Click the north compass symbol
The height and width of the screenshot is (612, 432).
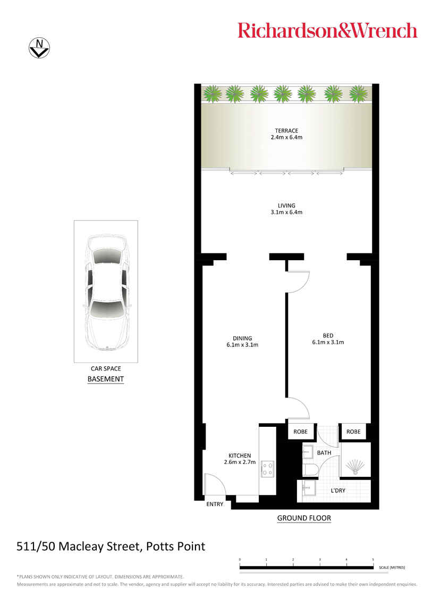(39, 48)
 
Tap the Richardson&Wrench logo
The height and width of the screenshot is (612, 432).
(327, 30)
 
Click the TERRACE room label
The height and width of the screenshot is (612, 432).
(286, 131)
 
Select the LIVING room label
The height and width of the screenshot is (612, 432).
(286, 206)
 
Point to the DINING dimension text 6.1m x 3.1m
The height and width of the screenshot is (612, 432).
(242, 345)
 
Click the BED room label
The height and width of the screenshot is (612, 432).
(328, 336)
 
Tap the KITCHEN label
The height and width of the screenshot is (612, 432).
(240, 456)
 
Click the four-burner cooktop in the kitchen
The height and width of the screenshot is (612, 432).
(268, 468)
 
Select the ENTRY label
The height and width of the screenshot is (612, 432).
(215, 505)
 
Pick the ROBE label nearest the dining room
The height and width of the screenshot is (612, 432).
(300, 432)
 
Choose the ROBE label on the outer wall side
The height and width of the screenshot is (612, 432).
(353, 432)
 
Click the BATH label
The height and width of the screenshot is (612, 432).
(324, 453)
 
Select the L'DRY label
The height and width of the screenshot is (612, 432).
(338, 491)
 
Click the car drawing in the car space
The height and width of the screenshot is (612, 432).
(106, 292)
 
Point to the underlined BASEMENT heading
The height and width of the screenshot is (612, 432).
(106, 379)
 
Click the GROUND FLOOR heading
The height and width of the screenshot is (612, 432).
(304, 518)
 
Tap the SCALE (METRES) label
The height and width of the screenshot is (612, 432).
(392, 567)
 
